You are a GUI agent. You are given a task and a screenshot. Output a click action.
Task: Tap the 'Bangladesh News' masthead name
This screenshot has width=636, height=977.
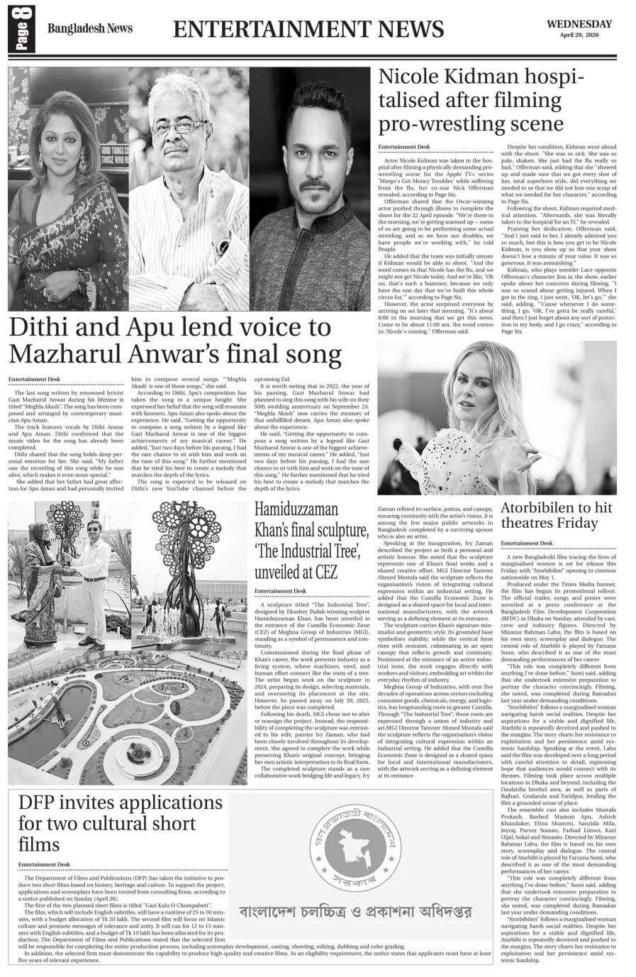click(89, 29)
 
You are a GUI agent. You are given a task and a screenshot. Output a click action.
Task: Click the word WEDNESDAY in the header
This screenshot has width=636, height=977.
click(579, 23)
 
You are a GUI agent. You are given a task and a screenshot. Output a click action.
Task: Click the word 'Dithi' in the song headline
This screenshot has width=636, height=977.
click(43, 327)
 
